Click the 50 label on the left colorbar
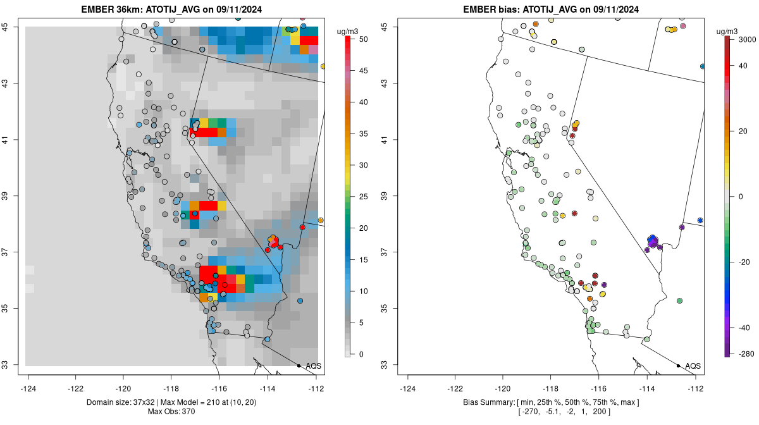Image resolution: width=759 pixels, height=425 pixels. (x=362, y=39)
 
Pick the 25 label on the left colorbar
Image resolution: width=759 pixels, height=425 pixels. (x=362, y=197)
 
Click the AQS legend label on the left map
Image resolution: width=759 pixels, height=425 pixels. (x=314, y=366)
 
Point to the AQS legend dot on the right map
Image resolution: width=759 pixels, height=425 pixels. (x=678, y=366)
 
